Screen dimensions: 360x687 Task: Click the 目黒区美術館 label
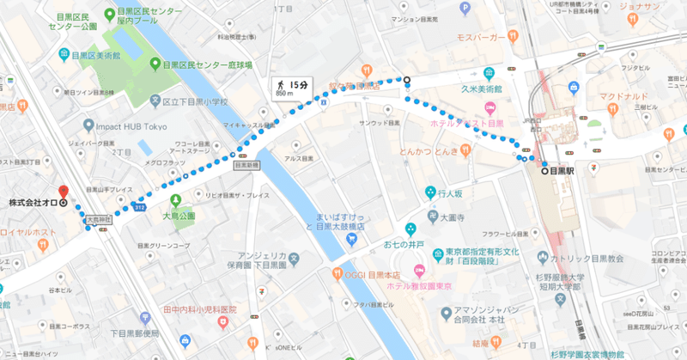tap(95, 55)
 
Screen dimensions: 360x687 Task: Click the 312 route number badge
tap(140, 207)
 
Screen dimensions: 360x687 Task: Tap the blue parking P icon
tap(466, 8)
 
